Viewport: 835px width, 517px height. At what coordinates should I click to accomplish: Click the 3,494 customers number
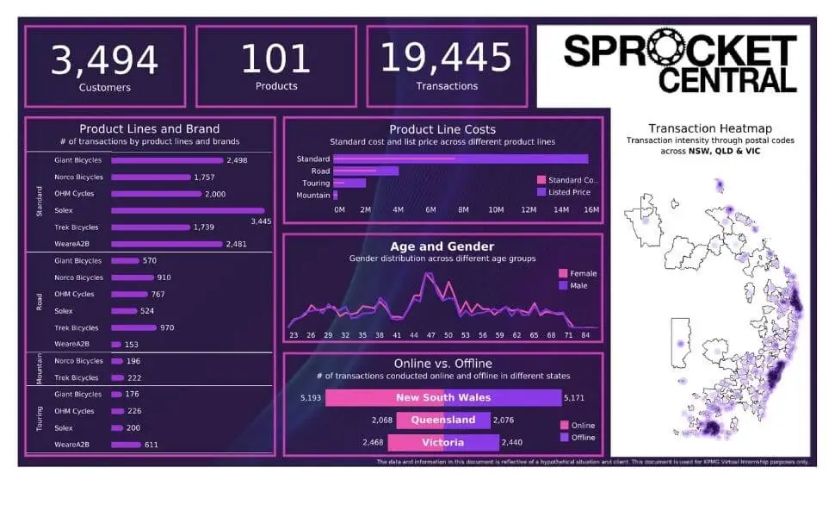tap(104, 59)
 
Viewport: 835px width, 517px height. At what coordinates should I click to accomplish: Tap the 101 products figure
tap(275, 59)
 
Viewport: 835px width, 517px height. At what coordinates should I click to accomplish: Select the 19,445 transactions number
tap(446, 58)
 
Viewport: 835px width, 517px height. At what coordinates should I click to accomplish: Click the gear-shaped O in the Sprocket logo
tap(663, 52)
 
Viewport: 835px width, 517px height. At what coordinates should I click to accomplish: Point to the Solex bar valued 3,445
tap(188, 210)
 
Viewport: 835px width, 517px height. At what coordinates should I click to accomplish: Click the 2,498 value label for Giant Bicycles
tap(237, 160)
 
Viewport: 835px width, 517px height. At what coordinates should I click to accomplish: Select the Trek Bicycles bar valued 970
tap(134, 327)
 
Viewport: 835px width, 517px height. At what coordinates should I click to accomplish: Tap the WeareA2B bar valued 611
tap(126, 445)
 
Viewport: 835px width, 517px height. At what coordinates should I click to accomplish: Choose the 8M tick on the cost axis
tap(463, 209)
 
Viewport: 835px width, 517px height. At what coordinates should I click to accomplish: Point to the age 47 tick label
tap(430, 335)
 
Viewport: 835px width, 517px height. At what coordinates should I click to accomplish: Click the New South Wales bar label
tap(442, 397)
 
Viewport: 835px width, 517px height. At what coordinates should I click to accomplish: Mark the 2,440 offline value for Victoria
tap(515, 442)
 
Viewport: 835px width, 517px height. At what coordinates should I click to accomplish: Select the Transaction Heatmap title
tap(710, 128)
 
